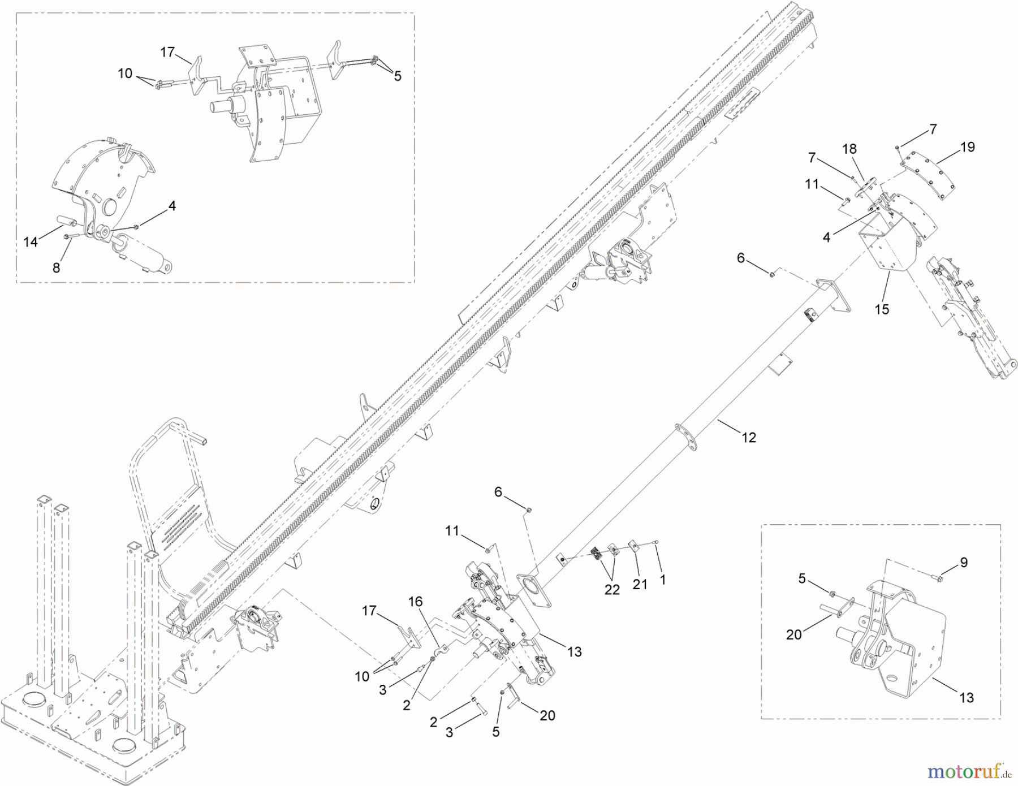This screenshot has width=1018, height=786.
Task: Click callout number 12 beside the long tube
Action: point(749,438)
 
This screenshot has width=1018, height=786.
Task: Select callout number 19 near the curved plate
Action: point(967,147)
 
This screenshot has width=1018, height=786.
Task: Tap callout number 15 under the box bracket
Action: point(882,309)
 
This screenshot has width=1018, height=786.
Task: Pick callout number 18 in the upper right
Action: point(849,149)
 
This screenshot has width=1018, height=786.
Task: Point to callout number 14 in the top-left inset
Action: point(31,242)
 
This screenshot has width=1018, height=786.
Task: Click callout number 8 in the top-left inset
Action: point(56,267)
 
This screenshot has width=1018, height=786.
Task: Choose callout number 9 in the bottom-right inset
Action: point(964,562)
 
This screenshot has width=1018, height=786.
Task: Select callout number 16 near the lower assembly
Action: point(415,602)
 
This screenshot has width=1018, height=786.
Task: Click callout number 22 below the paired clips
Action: point(612,589)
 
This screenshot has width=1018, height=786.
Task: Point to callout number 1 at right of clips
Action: point(663,580)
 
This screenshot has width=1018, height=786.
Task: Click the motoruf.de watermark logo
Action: point(971,771)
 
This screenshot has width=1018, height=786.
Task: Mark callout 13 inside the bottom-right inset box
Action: point(967,698)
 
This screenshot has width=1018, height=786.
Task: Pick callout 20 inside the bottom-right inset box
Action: point(794,634)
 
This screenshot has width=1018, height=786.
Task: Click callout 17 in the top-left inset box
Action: point(167,53)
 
